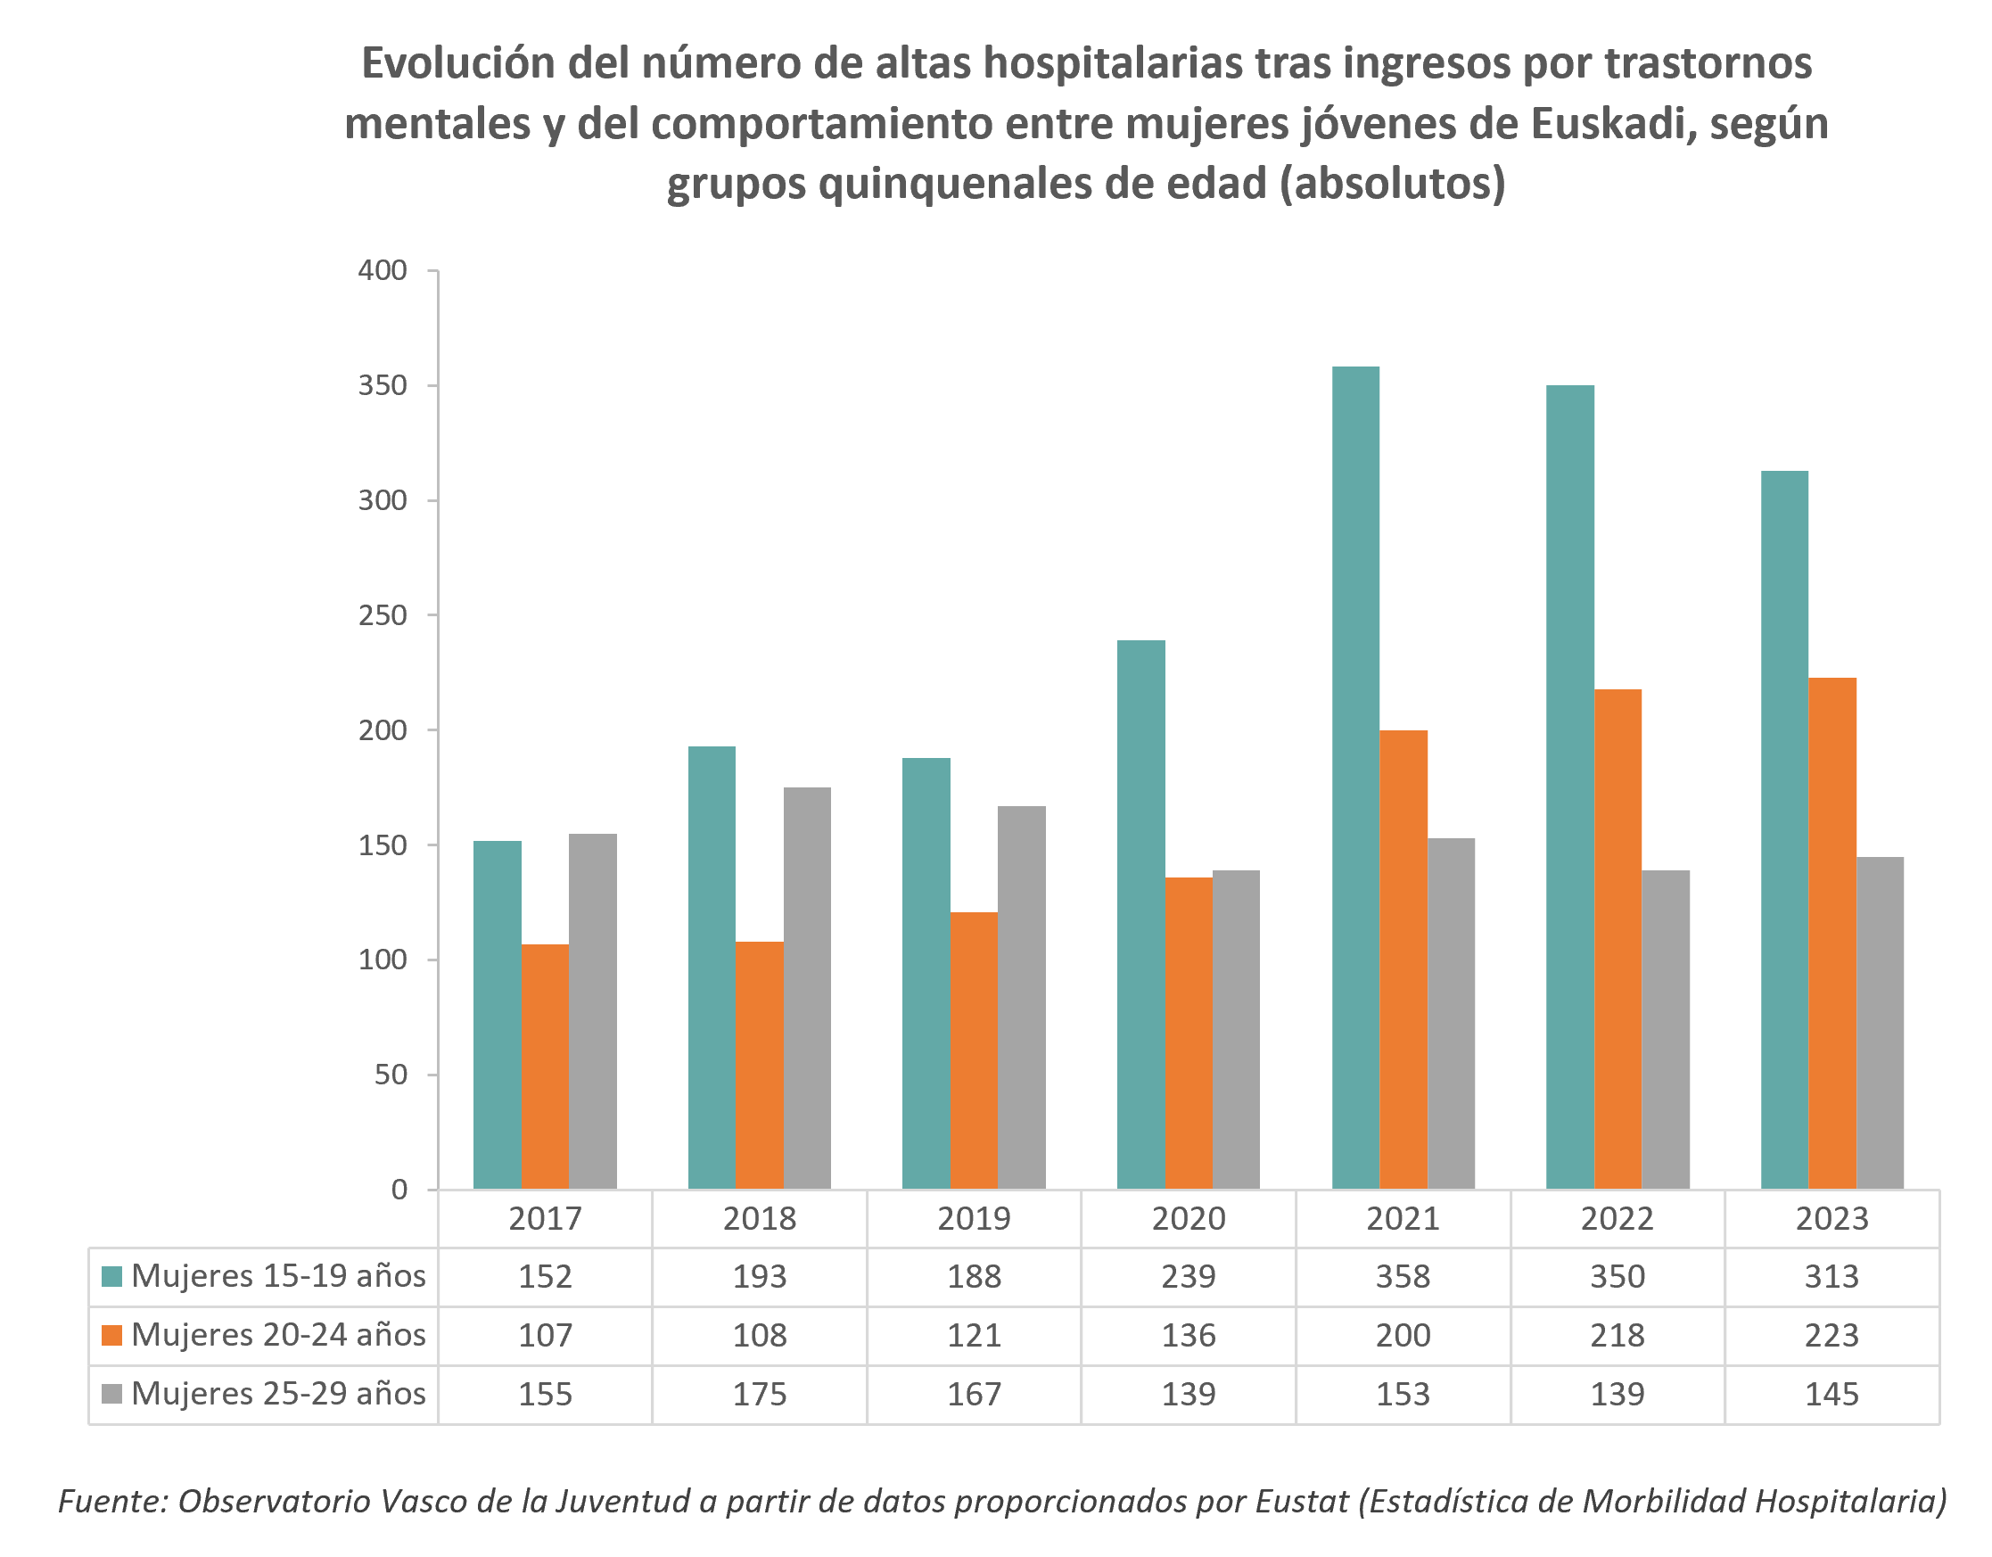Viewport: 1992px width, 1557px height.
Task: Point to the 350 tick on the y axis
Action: point(383,386)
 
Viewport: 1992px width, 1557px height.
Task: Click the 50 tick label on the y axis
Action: point(391,1075)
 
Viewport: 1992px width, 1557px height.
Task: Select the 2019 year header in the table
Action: point(973,1219)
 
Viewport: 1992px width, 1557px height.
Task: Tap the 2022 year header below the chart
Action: point(1617,1219)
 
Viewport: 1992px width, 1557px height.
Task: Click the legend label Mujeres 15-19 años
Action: point(278,1276)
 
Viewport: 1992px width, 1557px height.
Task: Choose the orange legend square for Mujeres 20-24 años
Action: point(112,1335)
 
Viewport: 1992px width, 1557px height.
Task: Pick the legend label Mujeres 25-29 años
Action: point(278,1394)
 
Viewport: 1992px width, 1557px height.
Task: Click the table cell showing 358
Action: point(1403,1276)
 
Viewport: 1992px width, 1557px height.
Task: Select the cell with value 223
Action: point(1831,1335)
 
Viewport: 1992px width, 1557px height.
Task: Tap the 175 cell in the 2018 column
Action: point(759,1394)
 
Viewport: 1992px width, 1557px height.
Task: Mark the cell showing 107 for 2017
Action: point(545,1335)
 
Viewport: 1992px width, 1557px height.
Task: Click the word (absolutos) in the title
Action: point(1392,184)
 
